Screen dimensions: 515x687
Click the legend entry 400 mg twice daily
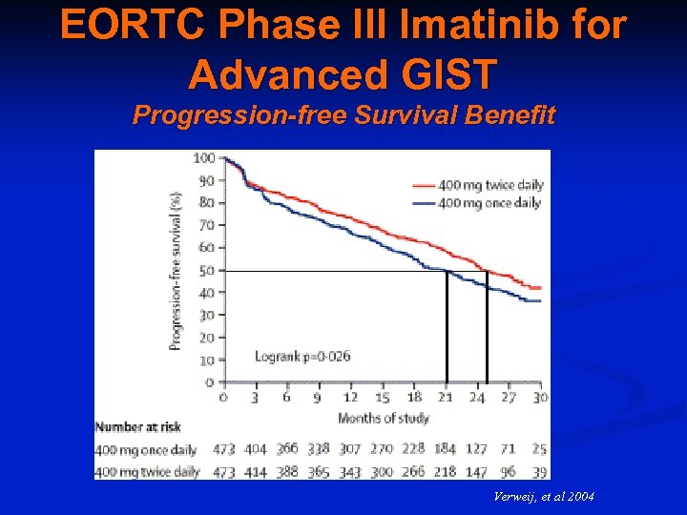[x=489, y=186]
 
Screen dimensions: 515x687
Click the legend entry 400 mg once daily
[x=489, y=202]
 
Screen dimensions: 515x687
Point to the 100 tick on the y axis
[x=203, y=158]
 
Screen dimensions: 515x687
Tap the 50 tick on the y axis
[x=206, y=271]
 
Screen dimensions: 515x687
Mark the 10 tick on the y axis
[x=206, y=360]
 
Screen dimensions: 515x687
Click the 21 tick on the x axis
[x=445, y=397]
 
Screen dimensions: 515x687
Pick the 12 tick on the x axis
[x=350, y=397]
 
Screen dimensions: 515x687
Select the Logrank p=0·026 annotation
[x=302, y=357]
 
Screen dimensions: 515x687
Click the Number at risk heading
[x=139, y=427]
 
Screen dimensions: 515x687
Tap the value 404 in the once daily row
[x=256, y=449]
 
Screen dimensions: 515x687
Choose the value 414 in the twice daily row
[x=256, y=471]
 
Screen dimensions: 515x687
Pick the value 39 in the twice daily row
[x=539, y=471]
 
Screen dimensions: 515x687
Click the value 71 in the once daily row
[x=508, y=449]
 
